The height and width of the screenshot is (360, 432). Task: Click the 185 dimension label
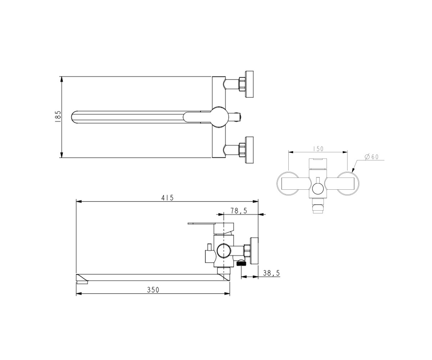point(58,117)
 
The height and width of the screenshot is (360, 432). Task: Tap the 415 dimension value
point(167,198)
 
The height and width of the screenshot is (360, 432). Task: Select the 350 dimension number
point(153,290)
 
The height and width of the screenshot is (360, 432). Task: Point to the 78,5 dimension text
point(239,211)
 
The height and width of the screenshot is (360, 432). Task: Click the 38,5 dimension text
point(271,273)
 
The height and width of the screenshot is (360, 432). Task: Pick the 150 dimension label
point(318,149)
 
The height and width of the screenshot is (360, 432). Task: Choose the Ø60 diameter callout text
point(372,157)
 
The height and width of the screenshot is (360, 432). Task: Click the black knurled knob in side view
point(242,264)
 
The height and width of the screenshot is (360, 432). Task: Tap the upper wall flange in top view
point(249,84)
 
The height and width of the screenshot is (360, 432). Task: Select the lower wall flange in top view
point(249,150)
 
